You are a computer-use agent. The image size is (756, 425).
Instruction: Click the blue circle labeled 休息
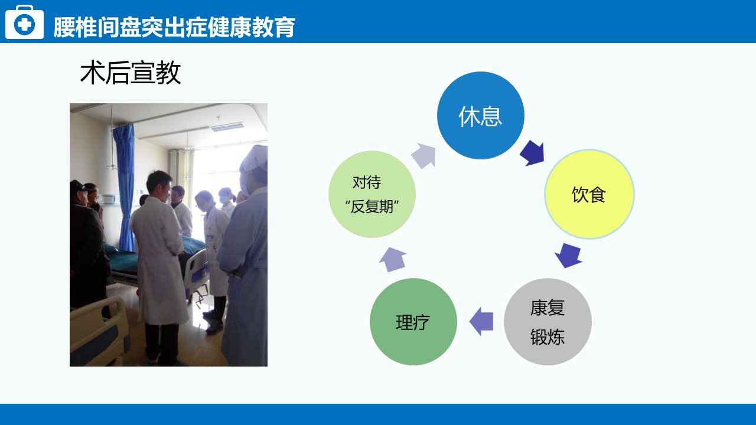pyautogui.click(x=481, y=115)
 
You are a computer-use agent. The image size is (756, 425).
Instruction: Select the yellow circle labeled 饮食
pyautogui.click(x=589, y=194)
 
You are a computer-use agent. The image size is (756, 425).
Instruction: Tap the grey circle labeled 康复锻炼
pyautogui.click(x=548, y=322)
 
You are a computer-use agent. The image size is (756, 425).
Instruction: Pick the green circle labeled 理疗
pyautogui.click(x=413, y=322)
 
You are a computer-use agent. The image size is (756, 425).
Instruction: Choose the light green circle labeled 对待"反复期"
pyautogui.click(x=372, y=194)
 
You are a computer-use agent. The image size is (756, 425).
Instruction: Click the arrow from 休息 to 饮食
pyautogui.click(x=533, y=153)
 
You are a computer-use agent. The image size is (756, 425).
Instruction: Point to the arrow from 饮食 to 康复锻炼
pyautogui.click(x=569, y=256)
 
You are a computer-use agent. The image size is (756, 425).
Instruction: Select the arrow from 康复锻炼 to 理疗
pyautogui.click(x=481, y=322)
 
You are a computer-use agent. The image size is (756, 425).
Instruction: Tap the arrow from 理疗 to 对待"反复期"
pyautogui.click(x=393, y=259)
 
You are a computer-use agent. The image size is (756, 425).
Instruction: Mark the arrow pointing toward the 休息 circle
pyautogui.click(x=423, y=155)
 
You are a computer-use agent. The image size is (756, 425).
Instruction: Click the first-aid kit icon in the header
pyautogui.click(x=24, y=22)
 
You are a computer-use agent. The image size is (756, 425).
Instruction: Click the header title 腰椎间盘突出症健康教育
pyautogui.click(x=174, y=27)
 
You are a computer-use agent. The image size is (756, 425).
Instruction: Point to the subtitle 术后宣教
pyautogui.click(x=131, y=73)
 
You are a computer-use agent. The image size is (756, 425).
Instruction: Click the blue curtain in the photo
pyautogui.click(x=124, y=187)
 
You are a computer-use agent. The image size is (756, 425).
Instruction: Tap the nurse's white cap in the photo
pyautogui.click(x=255, y=159)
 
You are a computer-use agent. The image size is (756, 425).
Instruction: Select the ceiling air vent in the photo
pyautogui.click(x=227, y=127)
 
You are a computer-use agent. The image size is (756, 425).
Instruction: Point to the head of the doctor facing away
pyautogui.click(x=159, y=185)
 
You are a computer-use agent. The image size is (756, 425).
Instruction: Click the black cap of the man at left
pyautogui.click(x=79, y=187)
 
